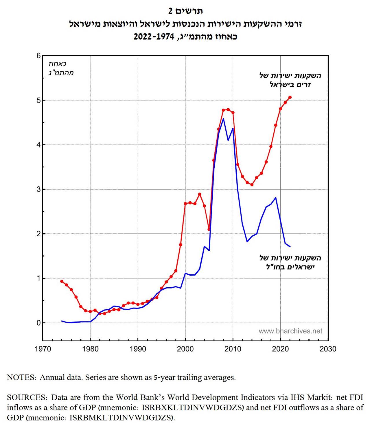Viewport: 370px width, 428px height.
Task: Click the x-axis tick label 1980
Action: [90, 349]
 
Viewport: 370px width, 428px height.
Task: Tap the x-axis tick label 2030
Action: [328, 349]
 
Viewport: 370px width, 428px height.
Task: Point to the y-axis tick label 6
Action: [38, 56]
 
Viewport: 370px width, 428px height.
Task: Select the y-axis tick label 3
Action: [38, 189]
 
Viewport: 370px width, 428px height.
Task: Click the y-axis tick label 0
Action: [38, 323]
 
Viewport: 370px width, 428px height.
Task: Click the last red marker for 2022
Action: [290, 97]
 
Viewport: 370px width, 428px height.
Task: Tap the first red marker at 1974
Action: [62, 281]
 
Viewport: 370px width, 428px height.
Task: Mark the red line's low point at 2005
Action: [209, 229]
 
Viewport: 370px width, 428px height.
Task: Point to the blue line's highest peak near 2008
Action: [223, 119]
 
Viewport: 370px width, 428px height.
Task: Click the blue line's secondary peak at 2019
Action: [276, 198]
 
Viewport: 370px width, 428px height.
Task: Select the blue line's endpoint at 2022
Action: [290, 247]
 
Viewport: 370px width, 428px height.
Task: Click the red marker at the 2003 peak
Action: [200, 194]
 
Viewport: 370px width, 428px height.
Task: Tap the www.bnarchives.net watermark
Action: [290, 331]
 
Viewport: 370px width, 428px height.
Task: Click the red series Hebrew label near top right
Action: [290, 80]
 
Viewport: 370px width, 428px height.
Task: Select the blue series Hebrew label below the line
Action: [290, 262]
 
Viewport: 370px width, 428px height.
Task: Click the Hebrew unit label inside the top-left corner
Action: [61, 68]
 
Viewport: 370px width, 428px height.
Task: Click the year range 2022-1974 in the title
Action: [154, 37]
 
